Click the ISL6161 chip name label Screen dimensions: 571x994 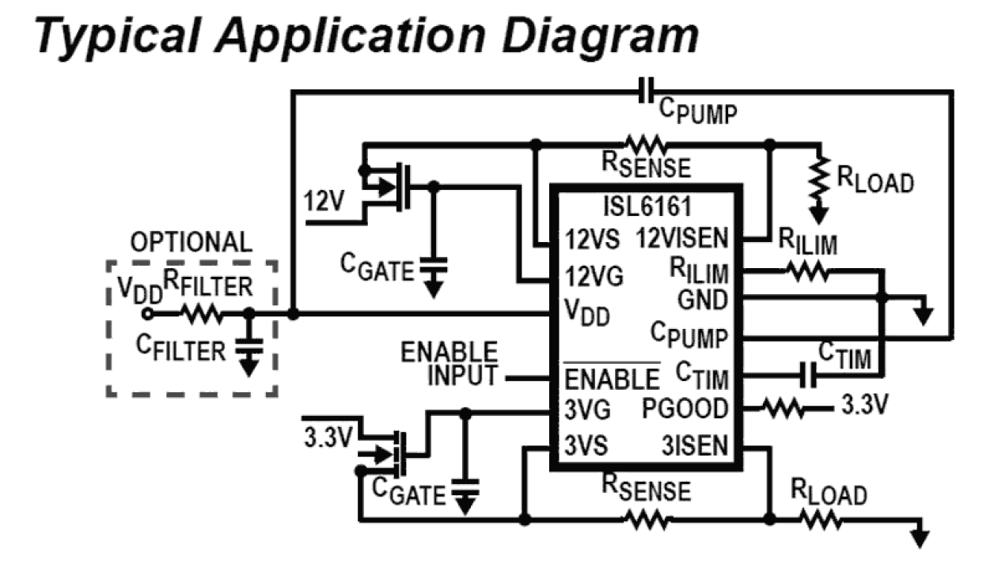pos(646,207)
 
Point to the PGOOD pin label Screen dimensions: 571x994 pos(684,409)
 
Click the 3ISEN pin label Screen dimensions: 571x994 pos(694,445)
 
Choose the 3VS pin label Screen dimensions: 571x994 pos(586,445)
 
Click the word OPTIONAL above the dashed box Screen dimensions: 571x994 pos(192,242)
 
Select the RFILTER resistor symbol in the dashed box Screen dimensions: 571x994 pos(203,314)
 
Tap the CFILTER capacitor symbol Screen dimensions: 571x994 pos(250,349)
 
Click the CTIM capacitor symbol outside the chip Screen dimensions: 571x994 pos(808,375)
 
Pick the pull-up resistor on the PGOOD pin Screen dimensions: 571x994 pos(783,409)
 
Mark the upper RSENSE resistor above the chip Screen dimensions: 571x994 pos(644,144)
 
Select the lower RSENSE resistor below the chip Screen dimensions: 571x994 pos(644,519)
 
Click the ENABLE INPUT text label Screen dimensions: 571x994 pos(461,363)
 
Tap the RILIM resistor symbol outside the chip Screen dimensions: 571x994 pos(807,272)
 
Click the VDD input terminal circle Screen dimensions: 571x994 pos(147,314)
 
